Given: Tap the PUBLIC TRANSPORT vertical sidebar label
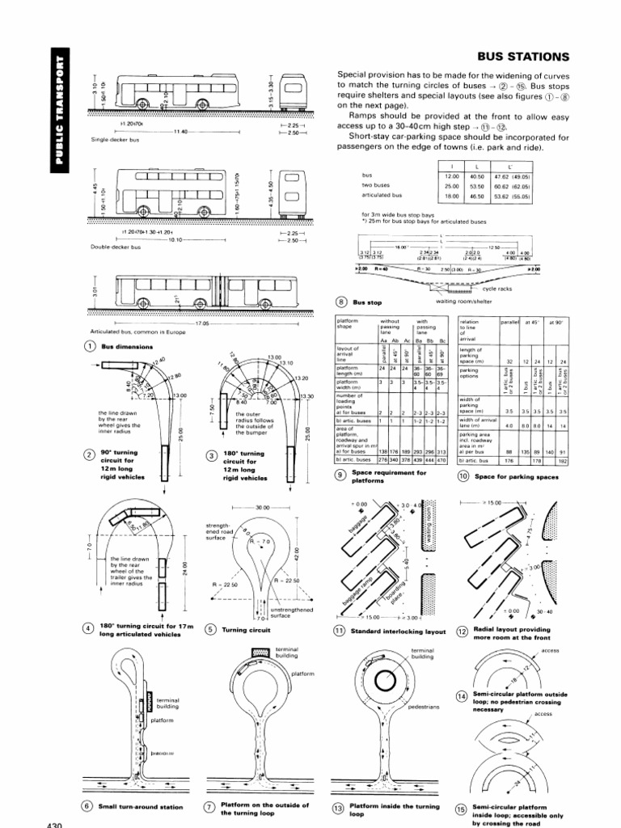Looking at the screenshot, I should pos(57,115).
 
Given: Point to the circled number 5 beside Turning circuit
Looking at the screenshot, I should pos(212,629).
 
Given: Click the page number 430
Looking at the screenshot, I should pos(50,822).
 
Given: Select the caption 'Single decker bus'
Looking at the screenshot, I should pos(112,139).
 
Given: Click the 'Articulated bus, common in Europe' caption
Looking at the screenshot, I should pos(128,332).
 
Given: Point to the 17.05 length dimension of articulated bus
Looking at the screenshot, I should pos(201,323).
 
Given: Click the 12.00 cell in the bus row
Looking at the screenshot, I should pos(451,175).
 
